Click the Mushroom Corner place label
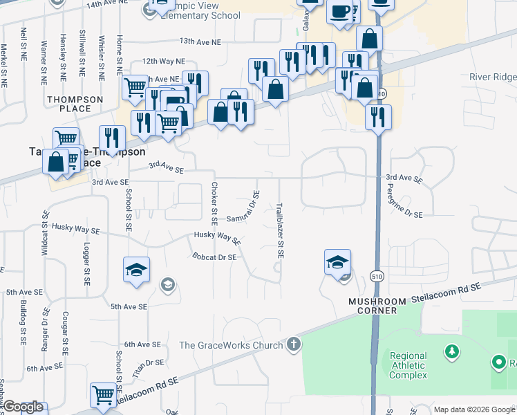(373, 306)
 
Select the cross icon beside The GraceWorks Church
(294, 344)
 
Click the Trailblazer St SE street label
(281, 231)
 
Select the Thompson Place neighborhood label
(75, 104)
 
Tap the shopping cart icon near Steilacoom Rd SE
(103, 396)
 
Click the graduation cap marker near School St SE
(136, 268)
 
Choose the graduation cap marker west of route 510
(337, 261)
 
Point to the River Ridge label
(492, 77)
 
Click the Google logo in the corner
(22, 407)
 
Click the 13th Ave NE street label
(200, 41)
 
